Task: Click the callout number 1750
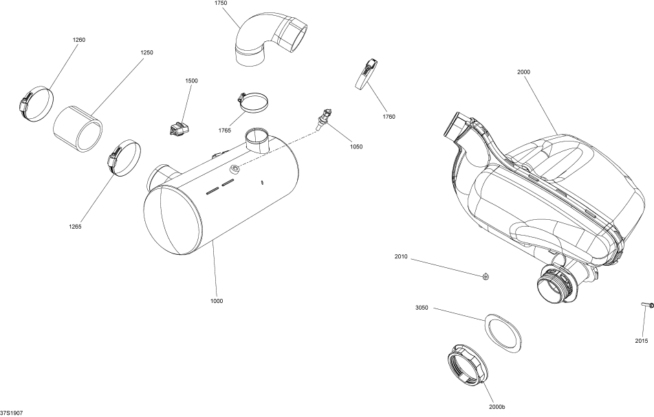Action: [220, 3]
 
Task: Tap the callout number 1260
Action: [79, 40]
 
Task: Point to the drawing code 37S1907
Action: [12, 413]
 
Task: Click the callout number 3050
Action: [422, 308]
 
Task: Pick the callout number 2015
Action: [641, 340]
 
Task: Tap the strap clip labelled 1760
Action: [365, 74]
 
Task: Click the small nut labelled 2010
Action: [486, 276]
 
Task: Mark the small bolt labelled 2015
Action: [648, 304]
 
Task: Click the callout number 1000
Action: [216, 300]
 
